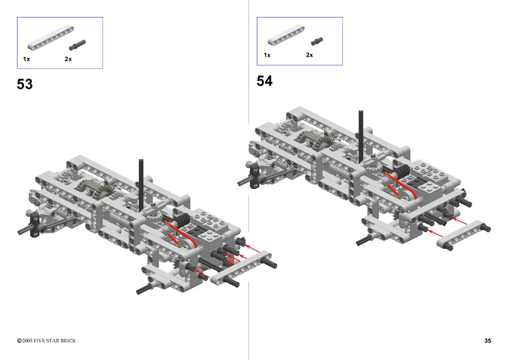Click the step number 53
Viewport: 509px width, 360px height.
click(25, 84)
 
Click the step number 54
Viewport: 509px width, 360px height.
click(264, 81)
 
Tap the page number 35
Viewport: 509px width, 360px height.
click(488, 341)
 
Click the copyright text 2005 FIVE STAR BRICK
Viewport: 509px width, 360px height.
click(46, 341)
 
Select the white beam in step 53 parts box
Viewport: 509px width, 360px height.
click(50, 38)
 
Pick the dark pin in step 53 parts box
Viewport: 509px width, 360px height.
click(77, 45)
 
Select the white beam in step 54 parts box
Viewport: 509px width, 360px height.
click(286, 35)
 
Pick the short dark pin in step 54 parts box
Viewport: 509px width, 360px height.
click(317, 41)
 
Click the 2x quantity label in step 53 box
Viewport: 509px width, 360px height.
click(68, 59)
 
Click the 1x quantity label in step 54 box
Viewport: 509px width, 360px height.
click(267, 55)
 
